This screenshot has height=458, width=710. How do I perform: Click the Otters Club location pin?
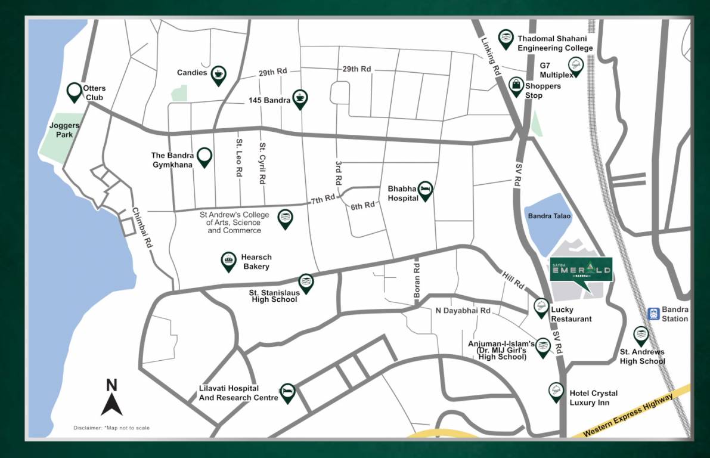[x=74, y=91]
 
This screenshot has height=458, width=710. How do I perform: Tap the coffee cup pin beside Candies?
[x=218, y=74]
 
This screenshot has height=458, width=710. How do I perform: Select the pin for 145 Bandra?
[x=300, y=99]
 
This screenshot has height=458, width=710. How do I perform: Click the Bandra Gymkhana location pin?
[x=204, y=156]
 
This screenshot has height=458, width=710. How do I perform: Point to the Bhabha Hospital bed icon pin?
[x=425, y=190]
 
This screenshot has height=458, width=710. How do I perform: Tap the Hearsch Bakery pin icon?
[x=228, y=261]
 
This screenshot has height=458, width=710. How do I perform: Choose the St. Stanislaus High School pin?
[x=306, y=283]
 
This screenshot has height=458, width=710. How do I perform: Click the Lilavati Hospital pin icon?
[x=287, y=392]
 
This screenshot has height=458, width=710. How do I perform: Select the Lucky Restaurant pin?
[x=541, y=307]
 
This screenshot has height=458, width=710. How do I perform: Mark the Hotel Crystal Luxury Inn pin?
[x=556, y=392]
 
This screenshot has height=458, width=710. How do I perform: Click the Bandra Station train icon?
[x=654, y=313]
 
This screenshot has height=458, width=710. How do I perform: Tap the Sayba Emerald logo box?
[x=580, y=270]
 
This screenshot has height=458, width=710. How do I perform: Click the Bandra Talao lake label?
[x=548, y=216]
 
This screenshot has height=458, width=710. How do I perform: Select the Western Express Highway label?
[x=630, y=414]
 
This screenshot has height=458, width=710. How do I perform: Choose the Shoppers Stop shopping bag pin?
[x=516, y=86]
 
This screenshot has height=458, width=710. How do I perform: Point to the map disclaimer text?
[x=111, y=428]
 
